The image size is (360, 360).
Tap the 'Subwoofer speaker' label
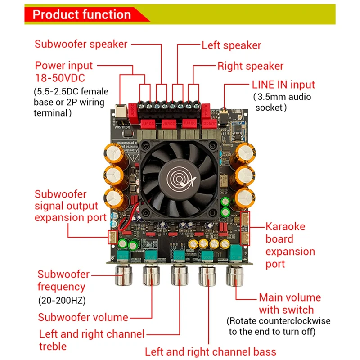pyautogui.click(x=81, y=44)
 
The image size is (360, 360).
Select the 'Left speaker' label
pyautogui.click(x=231, y=45)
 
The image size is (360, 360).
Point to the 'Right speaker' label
pyautogui.click(x=250, y=66)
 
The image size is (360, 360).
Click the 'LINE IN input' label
pyautogui.click(x=289, y=85)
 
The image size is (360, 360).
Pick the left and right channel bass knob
pyautogui.click(x=207, y=275)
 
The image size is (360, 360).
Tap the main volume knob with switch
pyautogui.click(x=235, y=275)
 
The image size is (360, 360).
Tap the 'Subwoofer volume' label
pyautogui.click(x=83, y=317)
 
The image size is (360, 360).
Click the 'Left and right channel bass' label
pyautogui.click(x=211, y=351)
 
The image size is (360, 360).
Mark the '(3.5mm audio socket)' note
pyautogui.click(x=282, y=102)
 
